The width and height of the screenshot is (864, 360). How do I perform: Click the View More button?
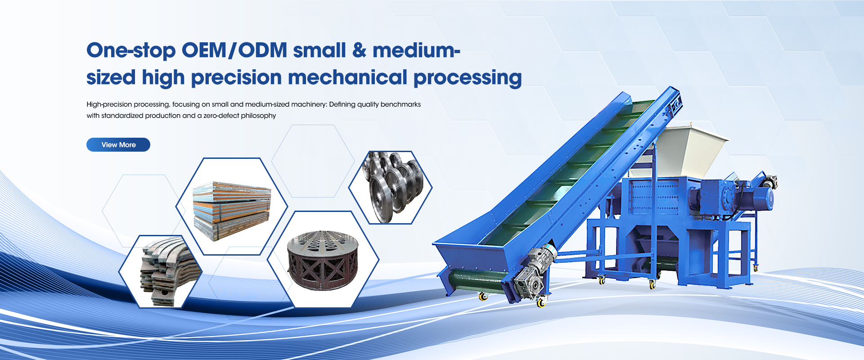click(x=118, y=144)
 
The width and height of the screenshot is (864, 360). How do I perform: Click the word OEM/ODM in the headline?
click(x=234, y=50)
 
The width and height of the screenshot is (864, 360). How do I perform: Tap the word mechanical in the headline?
click(x=348, y=77)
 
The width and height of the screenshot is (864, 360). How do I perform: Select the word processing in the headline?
click(x=468, y=78)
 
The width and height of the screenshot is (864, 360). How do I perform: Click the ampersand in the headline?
click(x=360, y=50)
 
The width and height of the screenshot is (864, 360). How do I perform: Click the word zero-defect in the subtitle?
click(x=221, y=116)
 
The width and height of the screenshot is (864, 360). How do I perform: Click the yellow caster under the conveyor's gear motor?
click(x=541, y=302)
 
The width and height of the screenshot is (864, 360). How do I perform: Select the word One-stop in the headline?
click(x=131, y=51)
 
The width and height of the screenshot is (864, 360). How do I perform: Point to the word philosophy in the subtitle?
click(x=258, y=116)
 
